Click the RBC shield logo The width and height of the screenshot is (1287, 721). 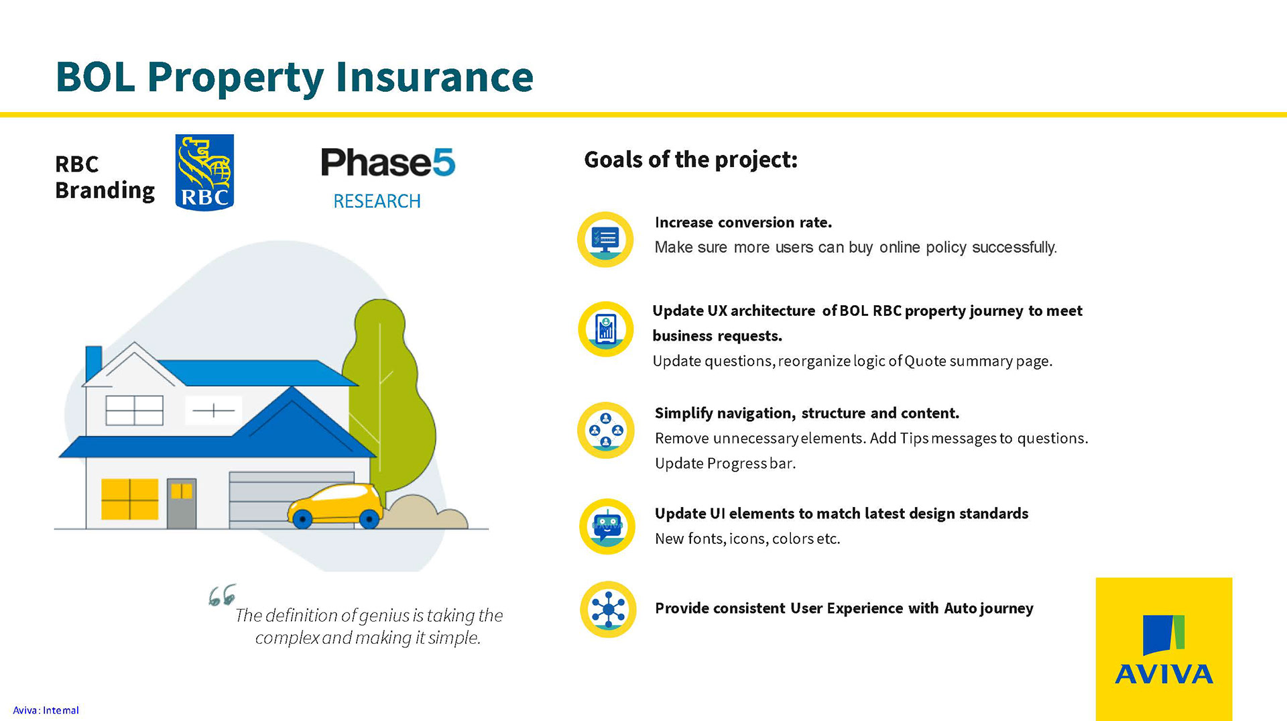point(204,172)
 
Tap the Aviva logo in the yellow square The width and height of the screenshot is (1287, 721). point(1164,649)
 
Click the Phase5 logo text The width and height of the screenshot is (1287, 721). point(388,162)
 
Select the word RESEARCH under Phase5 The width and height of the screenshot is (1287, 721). point(377,201)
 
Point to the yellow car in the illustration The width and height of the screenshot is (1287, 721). point(335,506)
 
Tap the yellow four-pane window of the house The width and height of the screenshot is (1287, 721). point(129,499)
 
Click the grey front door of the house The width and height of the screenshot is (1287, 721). point(182,504)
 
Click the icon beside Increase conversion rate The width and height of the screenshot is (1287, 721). point(605,239)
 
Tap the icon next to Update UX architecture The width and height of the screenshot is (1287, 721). point(606,329)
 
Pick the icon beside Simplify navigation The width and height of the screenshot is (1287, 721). point(606,431)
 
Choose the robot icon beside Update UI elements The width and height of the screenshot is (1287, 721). point(607,526)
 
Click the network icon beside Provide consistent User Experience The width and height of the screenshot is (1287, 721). point(608,609)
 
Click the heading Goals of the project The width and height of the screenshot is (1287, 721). point(691,160)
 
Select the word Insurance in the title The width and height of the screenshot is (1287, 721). point(434,76)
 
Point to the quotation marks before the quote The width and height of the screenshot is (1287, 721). point(222,595)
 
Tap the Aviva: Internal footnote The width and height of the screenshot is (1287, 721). point(46,710)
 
